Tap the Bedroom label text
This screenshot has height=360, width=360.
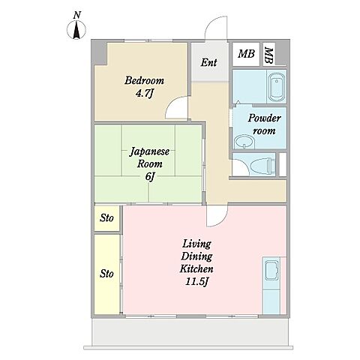[145, 80]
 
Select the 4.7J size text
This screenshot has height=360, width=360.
[144, 94]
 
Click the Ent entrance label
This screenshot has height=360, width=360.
[208, 62]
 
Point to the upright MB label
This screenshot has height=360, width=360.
[246, 54]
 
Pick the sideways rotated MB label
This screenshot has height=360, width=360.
[268, 55]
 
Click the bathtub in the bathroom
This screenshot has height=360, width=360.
[277, 87]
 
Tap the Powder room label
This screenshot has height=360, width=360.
[264, 124]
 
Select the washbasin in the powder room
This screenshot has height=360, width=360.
[244, 142]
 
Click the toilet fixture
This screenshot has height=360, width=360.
[263, 165]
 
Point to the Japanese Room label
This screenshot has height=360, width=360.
[149, 157]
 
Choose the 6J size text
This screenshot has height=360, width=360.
[149, 177]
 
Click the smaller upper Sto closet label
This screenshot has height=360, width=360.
[106, 218]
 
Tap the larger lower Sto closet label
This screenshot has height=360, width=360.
[106, 274]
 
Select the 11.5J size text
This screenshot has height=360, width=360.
[196, 282]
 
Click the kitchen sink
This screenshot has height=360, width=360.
[271, 270]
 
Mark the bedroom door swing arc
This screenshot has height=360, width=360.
[172, 102]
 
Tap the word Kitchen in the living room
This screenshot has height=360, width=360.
[196, 268]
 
